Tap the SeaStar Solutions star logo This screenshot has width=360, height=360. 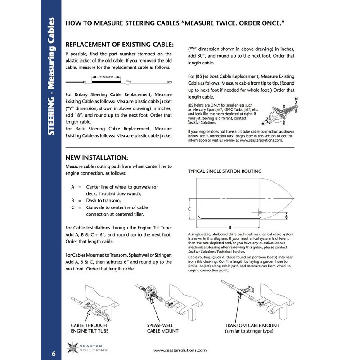coord(72,348)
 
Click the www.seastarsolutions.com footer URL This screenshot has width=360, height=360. coord(180,350)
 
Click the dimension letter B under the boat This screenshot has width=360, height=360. coord(230,227)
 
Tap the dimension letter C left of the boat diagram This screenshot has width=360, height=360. coord(190,209)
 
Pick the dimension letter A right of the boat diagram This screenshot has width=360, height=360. coord(287,216)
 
